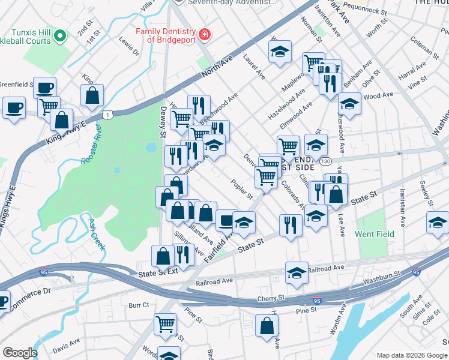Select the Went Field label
375,233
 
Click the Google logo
20,353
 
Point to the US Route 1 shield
107,113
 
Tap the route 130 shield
325,162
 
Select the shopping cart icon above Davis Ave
165,323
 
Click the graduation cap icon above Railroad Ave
297,273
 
